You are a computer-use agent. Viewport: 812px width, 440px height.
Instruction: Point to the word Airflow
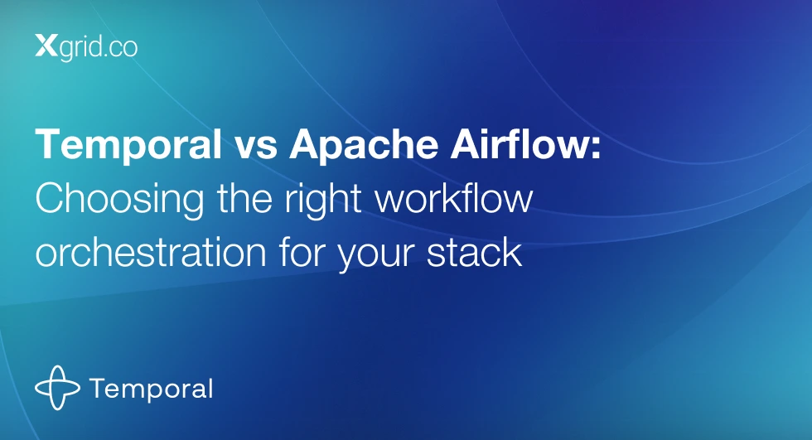coord(519,143)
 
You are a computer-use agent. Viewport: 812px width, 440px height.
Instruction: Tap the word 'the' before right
coord(244,197)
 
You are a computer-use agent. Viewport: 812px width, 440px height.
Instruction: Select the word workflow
coord(454,197)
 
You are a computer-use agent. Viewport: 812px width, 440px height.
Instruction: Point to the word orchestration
coord(151,252)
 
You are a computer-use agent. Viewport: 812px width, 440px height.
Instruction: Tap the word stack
coord(474,252)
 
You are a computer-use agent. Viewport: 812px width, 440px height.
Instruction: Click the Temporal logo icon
coord(57,388)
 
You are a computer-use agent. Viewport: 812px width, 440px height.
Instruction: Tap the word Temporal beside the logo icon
coord(151,389)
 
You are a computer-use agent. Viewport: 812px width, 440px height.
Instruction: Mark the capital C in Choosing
coord(51,198)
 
